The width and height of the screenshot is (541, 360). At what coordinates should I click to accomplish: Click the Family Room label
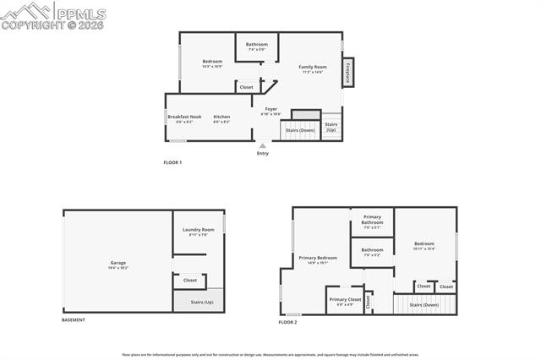[312, 68]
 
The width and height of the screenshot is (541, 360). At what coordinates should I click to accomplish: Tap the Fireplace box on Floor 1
[347, 72]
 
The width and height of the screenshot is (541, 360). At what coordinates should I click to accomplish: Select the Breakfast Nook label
[184, 118]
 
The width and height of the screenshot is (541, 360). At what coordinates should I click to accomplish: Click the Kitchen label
[221, 118]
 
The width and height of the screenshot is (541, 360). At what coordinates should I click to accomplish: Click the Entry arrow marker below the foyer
[262, 145]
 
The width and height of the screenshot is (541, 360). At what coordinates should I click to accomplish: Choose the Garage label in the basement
[118, 264]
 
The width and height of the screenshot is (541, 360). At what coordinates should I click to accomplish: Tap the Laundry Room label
[199, 231]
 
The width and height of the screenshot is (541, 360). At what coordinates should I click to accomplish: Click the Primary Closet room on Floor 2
[345, 301]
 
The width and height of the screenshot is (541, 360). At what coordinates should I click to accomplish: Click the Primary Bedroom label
[317, 259]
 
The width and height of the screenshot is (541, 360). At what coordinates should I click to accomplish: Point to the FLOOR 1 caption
[172, 162]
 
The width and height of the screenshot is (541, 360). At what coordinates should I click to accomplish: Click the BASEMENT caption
[74, 320]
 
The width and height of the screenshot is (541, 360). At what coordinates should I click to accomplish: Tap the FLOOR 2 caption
[288, 322]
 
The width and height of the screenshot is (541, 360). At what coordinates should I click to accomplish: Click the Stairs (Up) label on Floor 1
[331, 127]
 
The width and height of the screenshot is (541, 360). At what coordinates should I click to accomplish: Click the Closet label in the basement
[190, 280]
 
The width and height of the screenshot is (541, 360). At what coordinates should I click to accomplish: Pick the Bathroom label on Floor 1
[257, 46]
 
